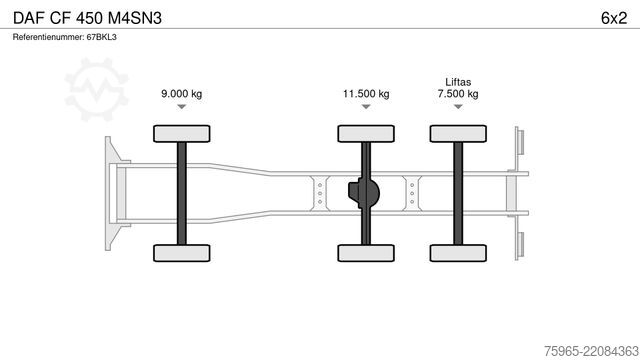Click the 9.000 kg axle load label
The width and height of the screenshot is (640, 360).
coord(182,94)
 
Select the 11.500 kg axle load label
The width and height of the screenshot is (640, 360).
coord(366,94)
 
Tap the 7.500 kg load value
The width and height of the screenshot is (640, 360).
coord(458,94)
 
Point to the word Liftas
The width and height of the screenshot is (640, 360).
coord(458,82)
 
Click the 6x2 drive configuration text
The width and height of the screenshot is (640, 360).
coord(614,18)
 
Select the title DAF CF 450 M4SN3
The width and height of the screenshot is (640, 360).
coord(87,18)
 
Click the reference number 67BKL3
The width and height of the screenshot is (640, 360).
coord(101,37)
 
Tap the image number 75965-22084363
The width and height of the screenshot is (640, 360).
coord(591,351)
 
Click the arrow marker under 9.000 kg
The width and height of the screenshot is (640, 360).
coord(182,107)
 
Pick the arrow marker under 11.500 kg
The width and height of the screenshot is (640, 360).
coord(366,107)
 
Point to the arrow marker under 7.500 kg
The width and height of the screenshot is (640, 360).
coord(458,107)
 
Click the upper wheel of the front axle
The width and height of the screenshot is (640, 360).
coord(182,134)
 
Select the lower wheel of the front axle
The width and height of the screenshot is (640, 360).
coord(182,253)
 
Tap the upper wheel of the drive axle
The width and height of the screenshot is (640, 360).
coord(366,134)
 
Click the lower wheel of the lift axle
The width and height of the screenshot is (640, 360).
coord(458,253)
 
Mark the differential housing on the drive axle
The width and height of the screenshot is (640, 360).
coord(364,193)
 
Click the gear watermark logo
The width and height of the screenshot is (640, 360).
coord(96,90)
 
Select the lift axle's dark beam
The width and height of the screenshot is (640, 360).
coord(458,193)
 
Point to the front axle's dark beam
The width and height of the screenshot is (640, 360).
coord(182,193)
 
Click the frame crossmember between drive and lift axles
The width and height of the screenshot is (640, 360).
coord(412,193)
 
